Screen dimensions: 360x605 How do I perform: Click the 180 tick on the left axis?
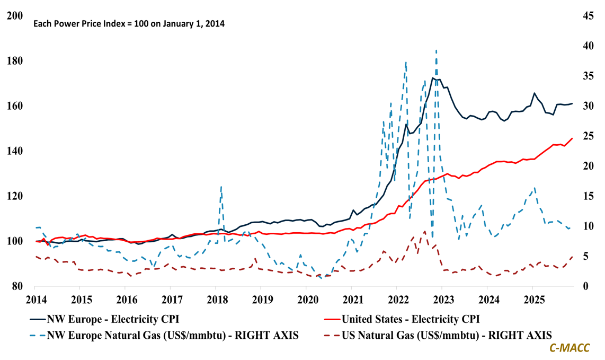point(15,61)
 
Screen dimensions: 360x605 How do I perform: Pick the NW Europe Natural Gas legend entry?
point(167,335)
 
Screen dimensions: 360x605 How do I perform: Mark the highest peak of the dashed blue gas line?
point(436,50)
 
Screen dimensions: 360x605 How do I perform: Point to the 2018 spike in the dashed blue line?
point(221,186)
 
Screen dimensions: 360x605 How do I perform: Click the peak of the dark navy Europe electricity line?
point(433,78)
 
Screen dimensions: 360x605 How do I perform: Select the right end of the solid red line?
point(572,138)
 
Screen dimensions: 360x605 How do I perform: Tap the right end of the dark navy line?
point(572,103)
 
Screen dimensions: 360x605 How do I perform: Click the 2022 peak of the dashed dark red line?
point(424,231)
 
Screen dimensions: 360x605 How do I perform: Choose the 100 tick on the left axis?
point(15,241)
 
